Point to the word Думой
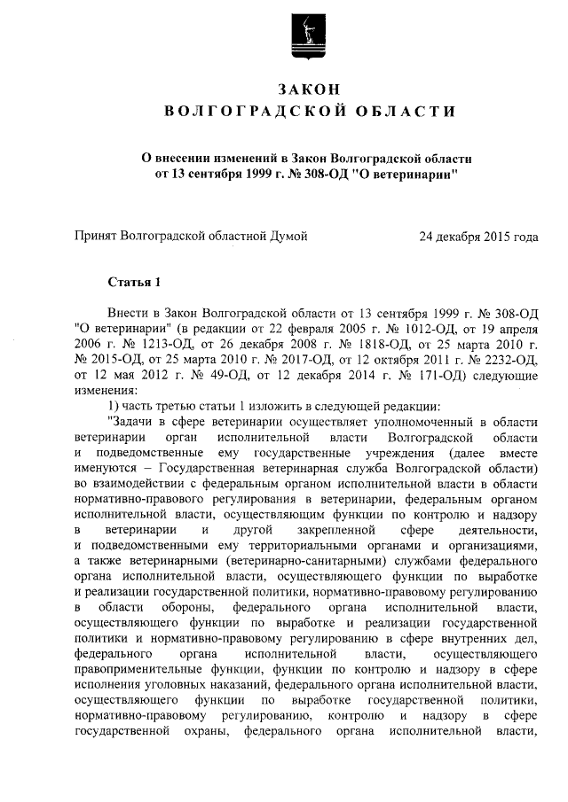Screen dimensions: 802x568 (289, 237)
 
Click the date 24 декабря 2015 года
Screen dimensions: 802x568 (479, 237)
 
